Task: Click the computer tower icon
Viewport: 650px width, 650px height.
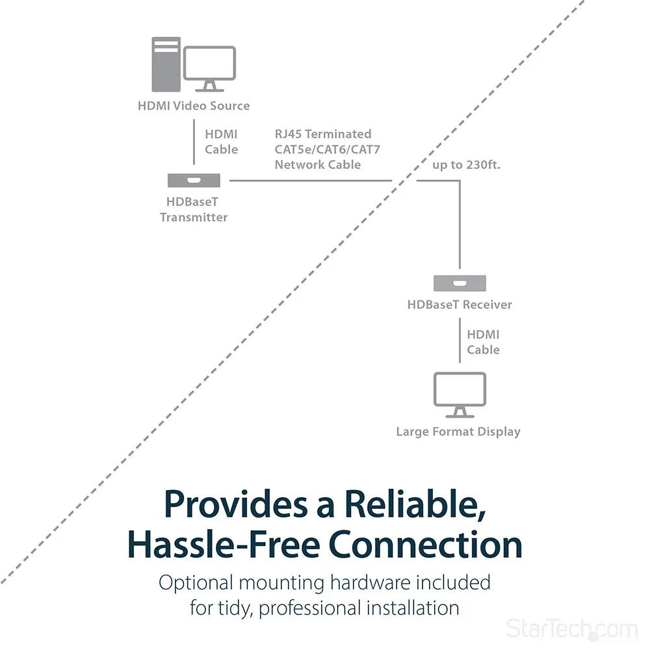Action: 166,64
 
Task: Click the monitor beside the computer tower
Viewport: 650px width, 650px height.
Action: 209,68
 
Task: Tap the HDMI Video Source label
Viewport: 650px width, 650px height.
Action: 194,105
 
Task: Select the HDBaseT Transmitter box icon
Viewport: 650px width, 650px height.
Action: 194,180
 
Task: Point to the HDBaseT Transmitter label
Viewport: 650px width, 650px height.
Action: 194,209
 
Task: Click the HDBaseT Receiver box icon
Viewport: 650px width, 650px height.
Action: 460,283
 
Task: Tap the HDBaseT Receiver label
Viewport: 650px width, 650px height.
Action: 460,304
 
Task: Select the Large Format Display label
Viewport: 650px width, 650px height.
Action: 458,432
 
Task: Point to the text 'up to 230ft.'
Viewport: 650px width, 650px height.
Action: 466,164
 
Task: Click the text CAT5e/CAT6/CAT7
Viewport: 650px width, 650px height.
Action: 327,149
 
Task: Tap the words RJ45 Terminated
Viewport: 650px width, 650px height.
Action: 323,134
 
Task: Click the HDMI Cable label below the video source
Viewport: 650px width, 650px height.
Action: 222,142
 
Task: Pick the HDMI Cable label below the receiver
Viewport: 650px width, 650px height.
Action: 483,342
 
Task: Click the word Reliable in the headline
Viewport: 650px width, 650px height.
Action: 414,504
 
